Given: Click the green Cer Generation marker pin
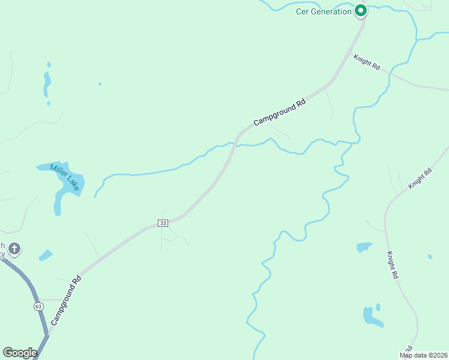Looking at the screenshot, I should [360, 10].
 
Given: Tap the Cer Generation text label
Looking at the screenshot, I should [324, 11].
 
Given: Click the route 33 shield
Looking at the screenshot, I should [163, 223].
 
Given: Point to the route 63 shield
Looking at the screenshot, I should [38, 306].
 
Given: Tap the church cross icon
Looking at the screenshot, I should [15, 248].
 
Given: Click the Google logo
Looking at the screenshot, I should [20, 353].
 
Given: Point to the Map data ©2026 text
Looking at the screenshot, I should [424, 355].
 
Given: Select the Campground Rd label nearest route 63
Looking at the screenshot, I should [65, 301].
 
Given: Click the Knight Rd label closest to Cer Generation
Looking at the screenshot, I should [366, 62].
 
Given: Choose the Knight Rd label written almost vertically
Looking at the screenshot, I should [393, 265].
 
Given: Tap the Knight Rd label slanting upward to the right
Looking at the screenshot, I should [420, 179].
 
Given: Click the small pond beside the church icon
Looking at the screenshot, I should [46, 255].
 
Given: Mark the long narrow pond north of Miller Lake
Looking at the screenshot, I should [47, 83].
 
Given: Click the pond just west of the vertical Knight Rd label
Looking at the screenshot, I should [364, 247].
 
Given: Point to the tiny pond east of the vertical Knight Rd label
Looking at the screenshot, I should [430, 257].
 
